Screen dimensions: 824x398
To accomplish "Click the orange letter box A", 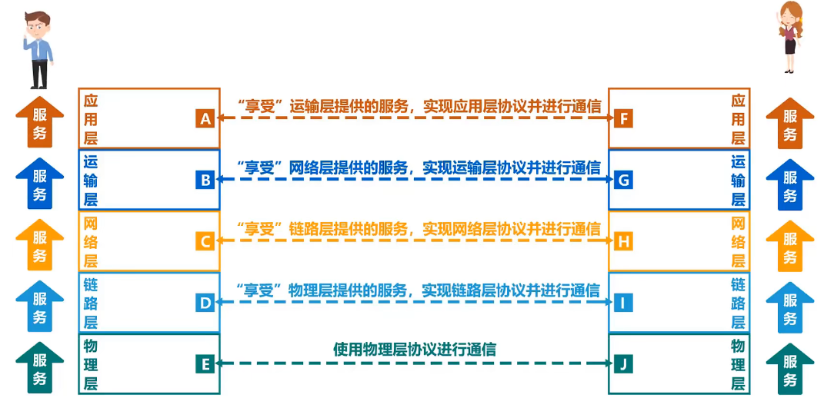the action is tap(205, 118).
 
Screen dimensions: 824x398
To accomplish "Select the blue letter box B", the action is tap(205, 180).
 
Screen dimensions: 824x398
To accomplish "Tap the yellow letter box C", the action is tap(205, 241).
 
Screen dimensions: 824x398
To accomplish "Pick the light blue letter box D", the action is tap(205, 303).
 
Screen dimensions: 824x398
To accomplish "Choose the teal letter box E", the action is tap(205, 364).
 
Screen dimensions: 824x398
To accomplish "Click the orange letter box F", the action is tap(624, 118).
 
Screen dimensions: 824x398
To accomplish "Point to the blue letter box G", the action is tap(624, 180).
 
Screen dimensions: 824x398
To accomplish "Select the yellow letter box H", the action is tap(624, 241).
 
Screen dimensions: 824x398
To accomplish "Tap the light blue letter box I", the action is tap(624, 303).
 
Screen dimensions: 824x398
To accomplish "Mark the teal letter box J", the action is tap(624, 364).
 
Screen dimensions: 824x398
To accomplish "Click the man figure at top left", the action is tap(38, 48).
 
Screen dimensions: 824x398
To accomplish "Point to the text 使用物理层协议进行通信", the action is tap(415, 349).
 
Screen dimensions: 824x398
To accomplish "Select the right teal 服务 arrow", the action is tap(790, 369).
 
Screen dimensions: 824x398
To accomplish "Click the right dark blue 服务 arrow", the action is tap(790, 184).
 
